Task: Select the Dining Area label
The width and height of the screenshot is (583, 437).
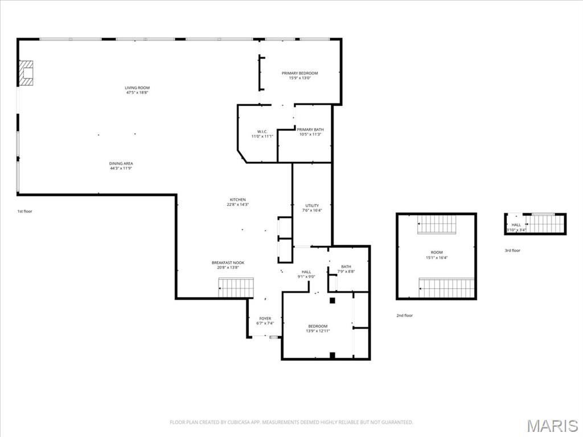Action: (x=121, y=163)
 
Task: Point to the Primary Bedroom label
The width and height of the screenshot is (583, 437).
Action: (x=299, y=73)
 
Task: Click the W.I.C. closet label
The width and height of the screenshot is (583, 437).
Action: (x=262, y=131)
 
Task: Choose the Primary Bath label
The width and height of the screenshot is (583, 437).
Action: (x=310, y=130)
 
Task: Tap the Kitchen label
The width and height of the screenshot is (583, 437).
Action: (x=237, y=200)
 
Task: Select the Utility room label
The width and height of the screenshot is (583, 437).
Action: (x=312, y=205)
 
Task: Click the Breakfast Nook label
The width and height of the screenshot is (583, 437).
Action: (x=228, y=262)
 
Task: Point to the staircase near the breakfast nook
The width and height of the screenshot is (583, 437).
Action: (x=236, y=287)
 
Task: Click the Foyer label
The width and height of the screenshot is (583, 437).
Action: (x=265, y=319)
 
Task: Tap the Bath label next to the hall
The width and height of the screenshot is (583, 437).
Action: (x=346, y=266)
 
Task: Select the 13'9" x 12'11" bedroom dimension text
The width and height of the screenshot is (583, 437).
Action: (x=318, y=331)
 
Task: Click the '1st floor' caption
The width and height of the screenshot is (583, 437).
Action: (x=24, y=211)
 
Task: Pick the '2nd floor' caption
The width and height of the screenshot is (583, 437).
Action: (x=405, y=315)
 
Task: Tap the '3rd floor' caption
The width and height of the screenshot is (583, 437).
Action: (x=512, y=250)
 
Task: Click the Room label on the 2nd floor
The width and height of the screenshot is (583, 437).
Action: (x=436, y=252)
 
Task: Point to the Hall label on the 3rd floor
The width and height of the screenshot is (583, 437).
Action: (x=516, y=225)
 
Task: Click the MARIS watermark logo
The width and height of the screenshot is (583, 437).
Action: (x=552, y=426)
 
